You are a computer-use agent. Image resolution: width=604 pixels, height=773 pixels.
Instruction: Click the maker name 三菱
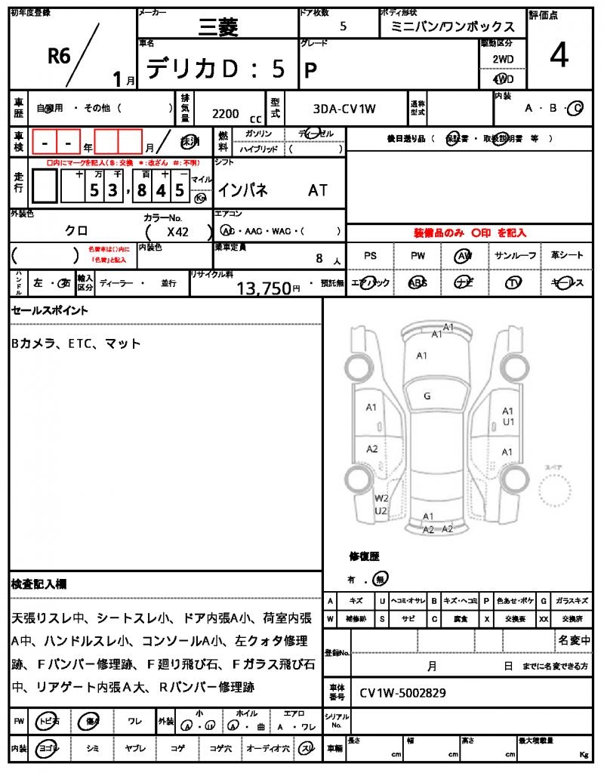218,28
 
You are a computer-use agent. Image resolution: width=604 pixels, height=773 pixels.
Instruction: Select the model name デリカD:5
216,69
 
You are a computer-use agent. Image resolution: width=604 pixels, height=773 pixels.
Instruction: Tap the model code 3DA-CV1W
344,109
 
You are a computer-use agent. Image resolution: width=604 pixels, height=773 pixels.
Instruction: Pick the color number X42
178,233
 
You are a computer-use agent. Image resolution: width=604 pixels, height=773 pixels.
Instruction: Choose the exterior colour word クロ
75,232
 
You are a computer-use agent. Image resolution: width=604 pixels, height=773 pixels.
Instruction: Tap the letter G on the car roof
427,396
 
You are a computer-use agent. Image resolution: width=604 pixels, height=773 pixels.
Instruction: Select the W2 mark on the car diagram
381,498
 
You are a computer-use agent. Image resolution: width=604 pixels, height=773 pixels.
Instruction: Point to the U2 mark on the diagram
381,511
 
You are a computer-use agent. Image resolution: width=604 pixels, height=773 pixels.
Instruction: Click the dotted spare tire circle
559,497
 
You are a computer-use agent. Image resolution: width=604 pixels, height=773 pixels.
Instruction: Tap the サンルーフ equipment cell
515,256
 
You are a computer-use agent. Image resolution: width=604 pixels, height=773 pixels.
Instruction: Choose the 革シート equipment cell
567,256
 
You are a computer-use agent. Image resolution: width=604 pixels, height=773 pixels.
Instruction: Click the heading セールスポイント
50,310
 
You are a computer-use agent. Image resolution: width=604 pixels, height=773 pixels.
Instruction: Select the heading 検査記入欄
39,584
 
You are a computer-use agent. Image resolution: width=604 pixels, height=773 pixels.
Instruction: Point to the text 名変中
575,640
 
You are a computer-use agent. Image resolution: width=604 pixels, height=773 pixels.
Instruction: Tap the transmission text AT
318,191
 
